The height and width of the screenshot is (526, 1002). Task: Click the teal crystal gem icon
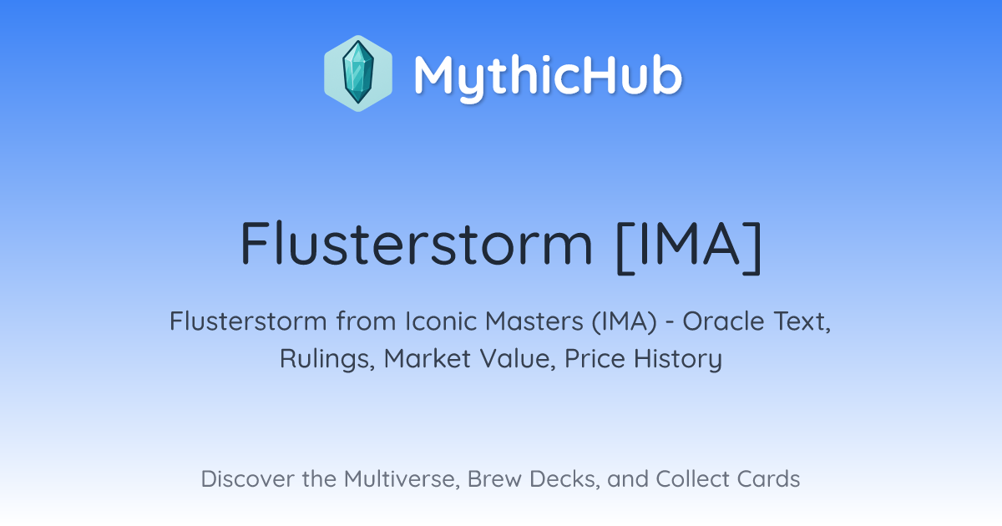358,73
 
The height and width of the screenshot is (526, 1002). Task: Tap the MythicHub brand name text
548,77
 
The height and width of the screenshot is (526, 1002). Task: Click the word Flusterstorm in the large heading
417,243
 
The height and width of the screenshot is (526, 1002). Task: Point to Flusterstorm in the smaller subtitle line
248,321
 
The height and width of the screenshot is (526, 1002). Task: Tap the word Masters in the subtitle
534,321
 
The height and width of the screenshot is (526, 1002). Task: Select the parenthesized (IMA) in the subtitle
625,321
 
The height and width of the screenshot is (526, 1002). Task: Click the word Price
595,358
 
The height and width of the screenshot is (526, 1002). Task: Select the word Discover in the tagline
247,478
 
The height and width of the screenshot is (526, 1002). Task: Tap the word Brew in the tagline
494,478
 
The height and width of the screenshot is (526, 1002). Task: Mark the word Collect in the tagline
692,478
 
